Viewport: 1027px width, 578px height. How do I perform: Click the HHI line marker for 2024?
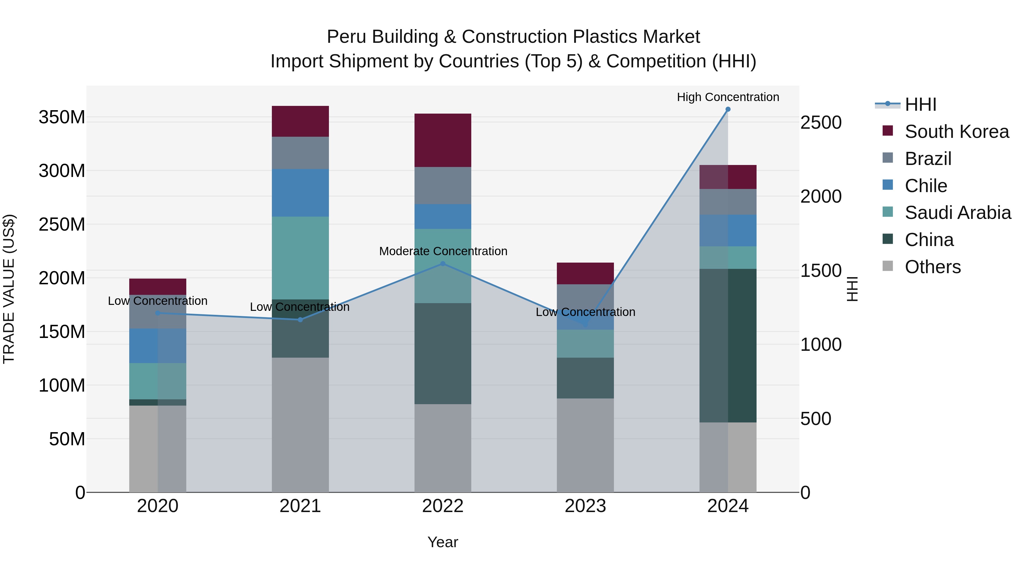click(727, 109)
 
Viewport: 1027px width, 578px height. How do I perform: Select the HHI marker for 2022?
click(442, 264)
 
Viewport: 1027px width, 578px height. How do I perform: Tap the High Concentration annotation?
click(727, 97)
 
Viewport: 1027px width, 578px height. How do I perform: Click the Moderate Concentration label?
click(443, 251)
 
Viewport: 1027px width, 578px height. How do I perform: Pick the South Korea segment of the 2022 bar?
click(442, 140)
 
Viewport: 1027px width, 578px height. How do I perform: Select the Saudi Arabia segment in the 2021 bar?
click(300, 258)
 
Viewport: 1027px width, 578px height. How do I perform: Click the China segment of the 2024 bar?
click(727, 345)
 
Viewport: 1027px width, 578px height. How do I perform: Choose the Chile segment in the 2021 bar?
click(300, 193)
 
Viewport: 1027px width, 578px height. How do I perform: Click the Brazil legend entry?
click(928, 159)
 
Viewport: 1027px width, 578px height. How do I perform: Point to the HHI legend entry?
click(920, 104)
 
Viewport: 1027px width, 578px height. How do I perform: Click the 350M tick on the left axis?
click(62, 117)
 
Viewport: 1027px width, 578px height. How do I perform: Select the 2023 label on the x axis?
click(585, 506)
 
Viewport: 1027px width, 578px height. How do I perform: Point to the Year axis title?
click(442, 542)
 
